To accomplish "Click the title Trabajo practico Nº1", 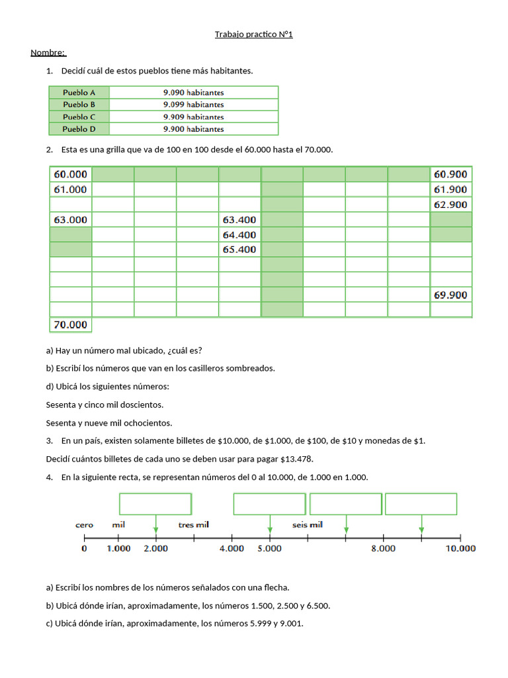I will click(253, 34).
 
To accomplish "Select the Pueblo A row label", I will click(79, 92).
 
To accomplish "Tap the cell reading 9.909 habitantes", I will click(193, 117).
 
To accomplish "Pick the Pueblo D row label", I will click(79, 129).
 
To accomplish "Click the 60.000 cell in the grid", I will click(71, 174).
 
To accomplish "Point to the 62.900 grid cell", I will click(450, 205).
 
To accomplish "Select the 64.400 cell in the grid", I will click(239, 234).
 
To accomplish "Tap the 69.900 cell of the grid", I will click(450, 295).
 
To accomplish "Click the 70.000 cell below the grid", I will click(71, 324).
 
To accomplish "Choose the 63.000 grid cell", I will click(71, 219).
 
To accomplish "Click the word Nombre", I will click(48, 52).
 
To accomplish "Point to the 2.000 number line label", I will click(156, 548).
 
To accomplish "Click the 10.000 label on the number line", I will click(460, 548).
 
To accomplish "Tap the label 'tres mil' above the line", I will click(194, 524).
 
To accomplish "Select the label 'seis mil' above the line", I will click(308, 524).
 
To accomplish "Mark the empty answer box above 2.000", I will click(155, 504).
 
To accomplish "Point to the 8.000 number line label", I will click(383, 548).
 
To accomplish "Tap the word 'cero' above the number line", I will click(84, 524).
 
